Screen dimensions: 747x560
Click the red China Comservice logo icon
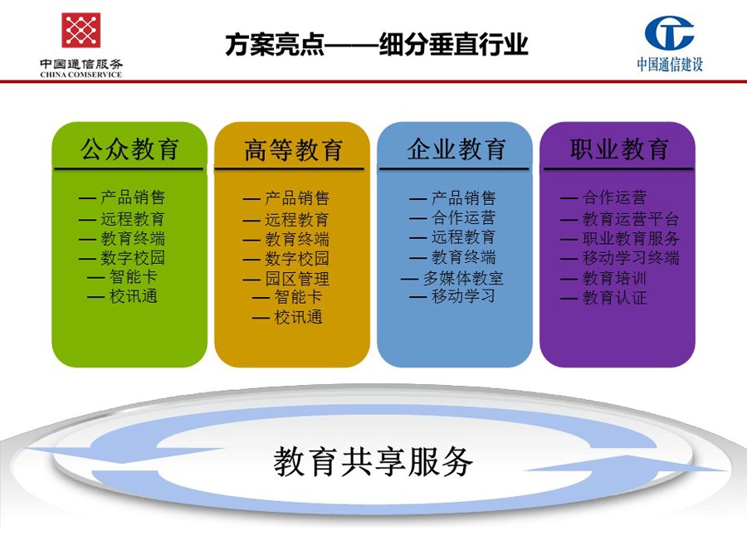[81, 30]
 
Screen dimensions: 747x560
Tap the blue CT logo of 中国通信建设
[669, 33]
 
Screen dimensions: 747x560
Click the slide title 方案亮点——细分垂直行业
[376, 45]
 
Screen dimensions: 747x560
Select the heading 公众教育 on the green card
[129, 149]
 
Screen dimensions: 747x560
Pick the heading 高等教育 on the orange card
[293, 150]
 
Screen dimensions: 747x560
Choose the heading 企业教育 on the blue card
[456, 149]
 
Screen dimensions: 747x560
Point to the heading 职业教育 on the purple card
[619, 149]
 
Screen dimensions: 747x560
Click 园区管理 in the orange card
[297, 279]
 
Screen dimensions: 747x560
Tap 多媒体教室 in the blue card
[463, 278]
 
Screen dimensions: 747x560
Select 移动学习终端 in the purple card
[631, 258]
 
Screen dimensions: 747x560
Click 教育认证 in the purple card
[614, 298]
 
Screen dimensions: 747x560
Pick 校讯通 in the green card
[134, 296]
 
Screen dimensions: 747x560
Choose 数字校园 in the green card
[133, 258]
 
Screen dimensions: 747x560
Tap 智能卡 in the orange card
[298, 297]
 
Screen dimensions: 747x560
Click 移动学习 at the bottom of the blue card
[463, 296]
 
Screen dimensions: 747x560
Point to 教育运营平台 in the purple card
[631, 219]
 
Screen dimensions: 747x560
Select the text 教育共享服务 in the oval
[373, 461]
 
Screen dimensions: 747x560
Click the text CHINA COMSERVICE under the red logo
[81, 75]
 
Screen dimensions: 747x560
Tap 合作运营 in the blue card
[463, 217]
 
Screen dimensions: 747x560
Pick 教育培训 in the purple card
[614, 278]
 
